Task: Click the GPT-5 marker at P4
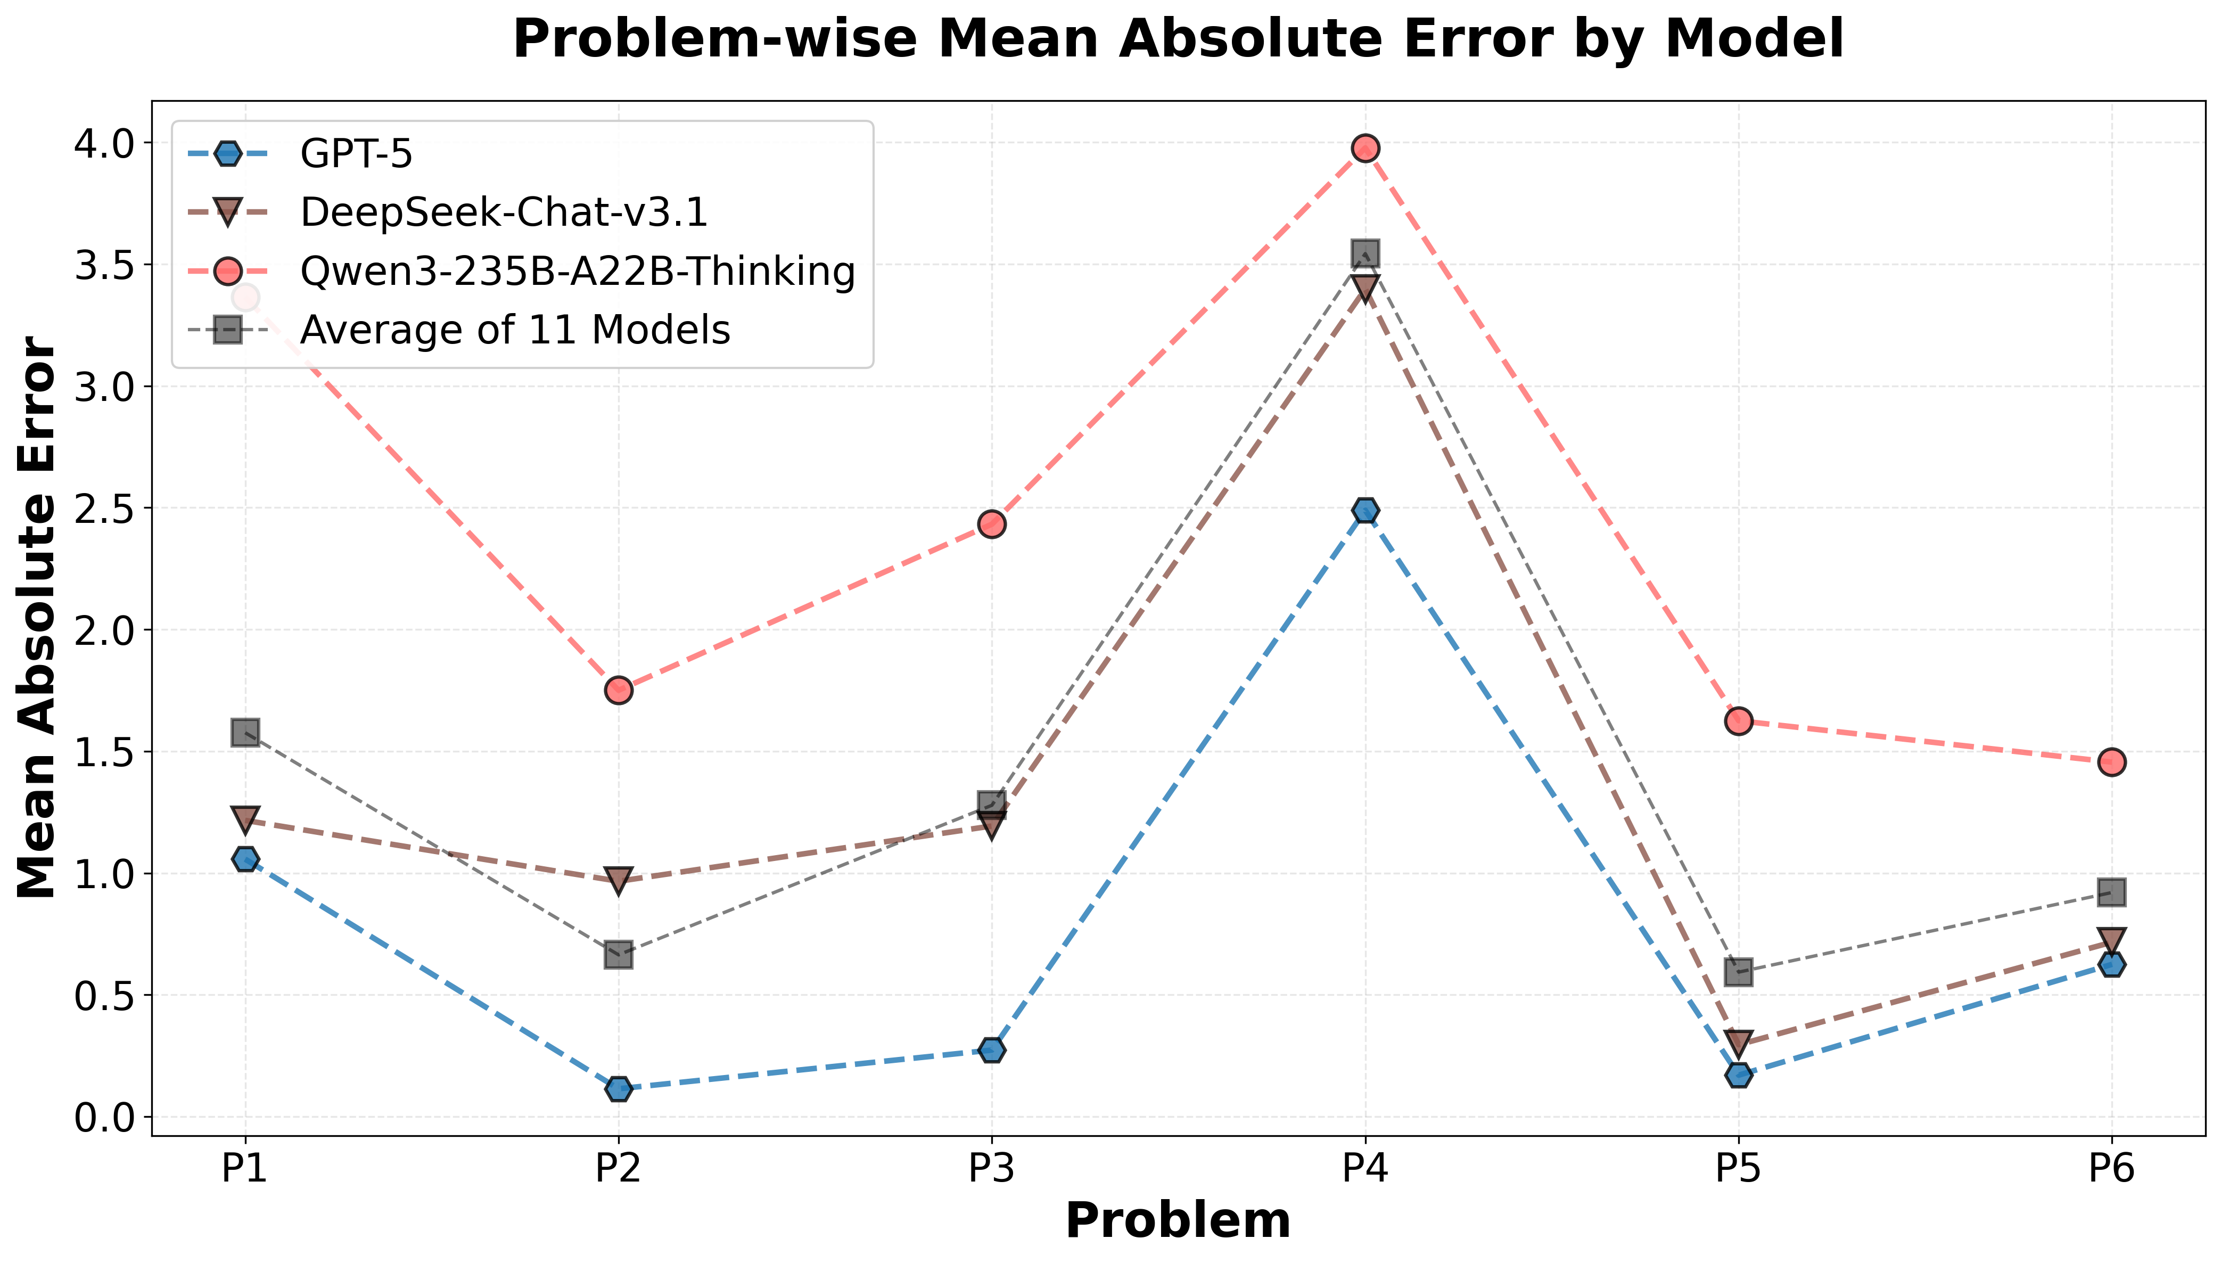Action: click(x=1365, y=511)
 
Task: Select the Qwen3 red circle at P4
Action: click(x=1365, y=149)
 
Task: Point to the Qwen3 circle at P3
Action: click(x=991, y=524)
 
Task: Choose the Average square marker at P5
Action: click(x=1738, y=972)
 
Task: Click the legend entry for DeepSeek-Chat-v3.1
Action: click(x=504, y=212)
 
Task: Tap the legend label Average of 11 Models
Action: click(x=515, y=331)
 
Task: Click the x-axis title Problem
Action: click(x=1178, y=1221)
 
